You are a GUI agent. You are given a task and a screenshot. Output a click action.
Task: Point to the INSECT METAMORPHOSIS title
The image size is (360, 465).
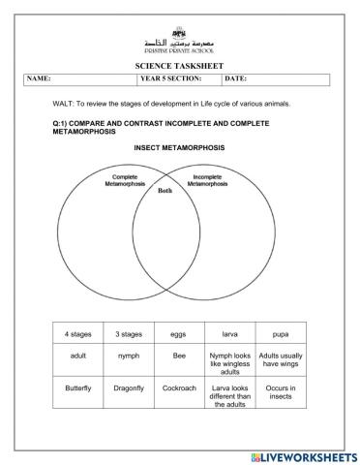[x=179, y=147]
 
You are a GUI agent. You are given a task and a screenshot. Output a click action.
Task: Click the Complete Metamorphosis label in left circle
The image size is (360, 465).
[x=125, y=181]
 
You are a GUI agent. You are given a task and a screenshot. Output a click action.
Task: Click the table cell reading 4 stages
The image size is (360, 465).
[x=78, y=333]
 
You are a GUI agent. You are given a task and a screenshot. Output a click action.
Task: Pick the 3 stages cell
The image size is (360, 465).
[x=129, y=333]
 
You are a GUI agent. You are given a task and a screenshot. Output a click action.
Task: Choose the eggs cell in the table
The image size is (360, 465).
[x=180, y=333]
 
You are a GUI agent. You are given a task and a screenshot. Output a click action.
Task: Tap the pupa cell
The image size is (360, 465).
[x=282, y=333]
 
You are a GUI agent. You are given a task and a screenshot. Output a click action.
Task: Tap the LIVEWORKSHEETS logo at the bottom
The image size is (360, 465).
[x=303, y=455]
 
